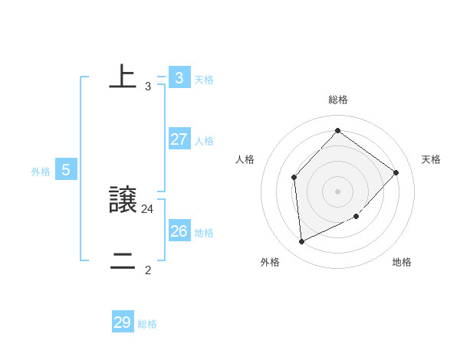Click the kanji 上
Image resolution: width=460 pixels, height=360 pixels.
coord(123,77)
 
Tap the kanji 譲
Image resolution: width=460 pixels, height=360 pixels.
coord(123,201)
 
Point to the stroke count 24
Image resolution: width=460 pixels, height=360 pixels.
coord(148,208)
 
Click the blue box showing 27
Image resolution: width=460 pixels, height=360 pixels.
coord(179,139)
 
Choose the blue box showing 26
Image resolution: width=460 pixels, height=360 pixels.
coord(179,231)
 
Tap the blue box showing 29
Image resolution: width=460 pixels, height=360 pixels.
coord(123,322)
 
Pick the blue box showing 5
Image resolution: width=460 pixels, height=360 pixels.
coord(66,170)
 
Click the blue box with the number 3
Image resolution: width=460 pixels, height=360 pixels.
coord(179,77)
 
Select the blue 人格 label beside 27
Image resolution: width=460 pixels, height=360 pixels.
coord(204,141)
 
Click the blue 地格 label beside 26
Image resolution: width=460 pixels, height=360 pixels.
coord(204,233)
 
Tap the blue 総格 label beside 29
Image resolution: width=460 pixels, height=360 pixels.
coord(147,324)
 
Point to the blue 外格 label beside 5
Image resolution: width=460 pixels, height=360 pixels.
coord(41,172)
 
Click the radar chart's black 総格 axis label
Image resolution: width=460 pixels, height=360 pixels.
coord(338,100)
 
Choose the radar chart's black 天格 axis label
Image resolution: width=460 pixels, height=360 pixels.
coord(431,159)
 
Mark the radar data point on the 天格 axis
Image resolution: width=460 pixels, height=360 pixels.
coord(396,172)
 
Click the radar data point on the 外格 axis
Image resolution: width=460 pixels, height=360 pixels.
coord(302,241)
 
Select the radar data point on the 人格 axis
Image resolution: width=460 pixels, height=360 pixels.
coord(294,178)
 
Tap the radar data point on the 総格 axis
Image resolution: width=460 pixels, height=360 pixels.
coord(338,130)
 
